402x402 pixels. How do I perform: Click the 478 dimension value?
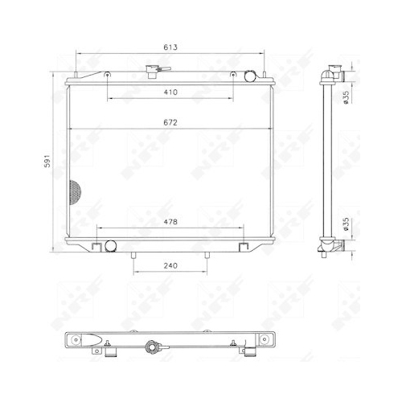click(x=169, y=223)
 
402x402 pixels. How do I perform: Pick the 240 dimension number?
click(x=170, y=265)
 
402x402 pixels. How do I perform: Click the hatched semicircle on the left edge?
click(x=74, y=193)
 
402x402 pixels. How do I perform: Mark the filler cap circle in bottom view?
click(x=150, y=349)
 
